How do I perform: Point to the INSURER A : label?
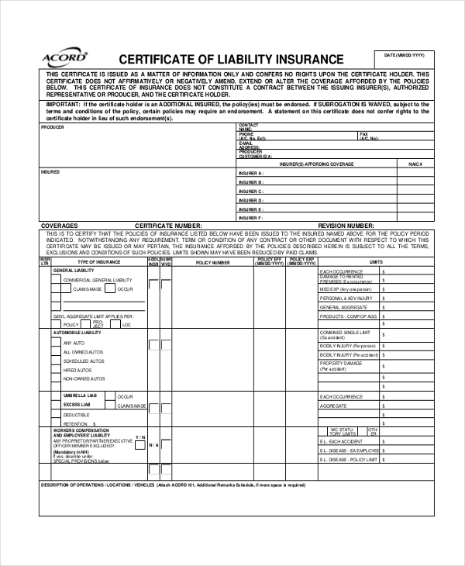coord(250,173)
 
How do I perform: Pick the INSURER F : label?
coord(250,218)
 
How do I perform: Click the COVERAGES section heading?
coord(59,226)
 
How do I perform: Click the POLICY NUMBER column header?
coord(212,263)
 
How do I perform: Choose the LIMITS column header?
coord(376,263)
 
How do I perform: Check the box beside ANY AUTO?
coord(57,342)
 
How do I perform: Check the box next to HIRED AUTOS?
coord(57,370)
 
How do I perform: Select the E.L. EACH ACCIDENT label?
coord(341,441)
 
